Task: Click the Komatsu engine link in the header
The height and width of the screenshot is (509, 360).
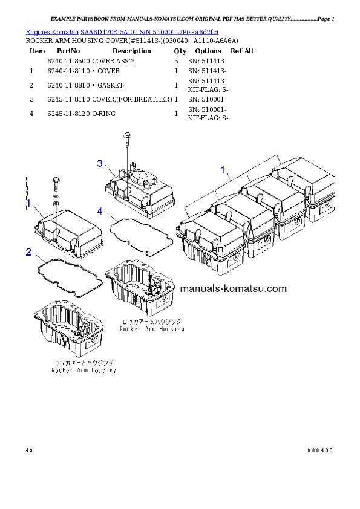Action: pos(122,31)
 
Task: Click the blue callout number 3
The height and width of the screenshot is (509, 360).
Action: pos(100,163)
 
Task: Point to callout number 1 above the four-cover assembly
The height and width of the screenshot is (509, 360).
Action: pos(223,170)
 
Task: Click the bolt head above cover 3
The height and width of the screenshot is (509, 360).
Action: pos(126,137)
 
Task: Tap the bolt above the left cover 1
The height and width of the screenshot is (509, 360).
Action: pos(56,180)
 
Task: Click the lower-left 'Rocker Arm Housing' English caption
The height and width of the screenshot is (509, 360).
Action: pos(84,370)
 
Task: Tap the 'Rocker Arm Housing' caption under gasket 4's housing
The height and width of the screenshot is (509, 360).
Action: pos(151,329)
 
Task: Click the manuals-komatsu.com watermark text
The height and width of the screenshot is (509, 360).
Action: pos(241,288)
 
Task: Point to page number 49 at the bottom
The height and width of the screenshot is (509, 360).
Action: pos(29,450)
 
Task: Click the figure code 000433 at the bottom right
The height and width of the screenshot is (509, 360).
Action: pos(320,450)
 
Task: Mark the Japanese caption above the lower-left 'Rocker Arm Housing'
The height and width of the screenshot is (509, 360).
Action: pos(83,363)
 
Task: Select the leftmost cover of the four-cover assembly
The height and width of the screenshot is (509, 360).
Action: pos(209,239)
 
